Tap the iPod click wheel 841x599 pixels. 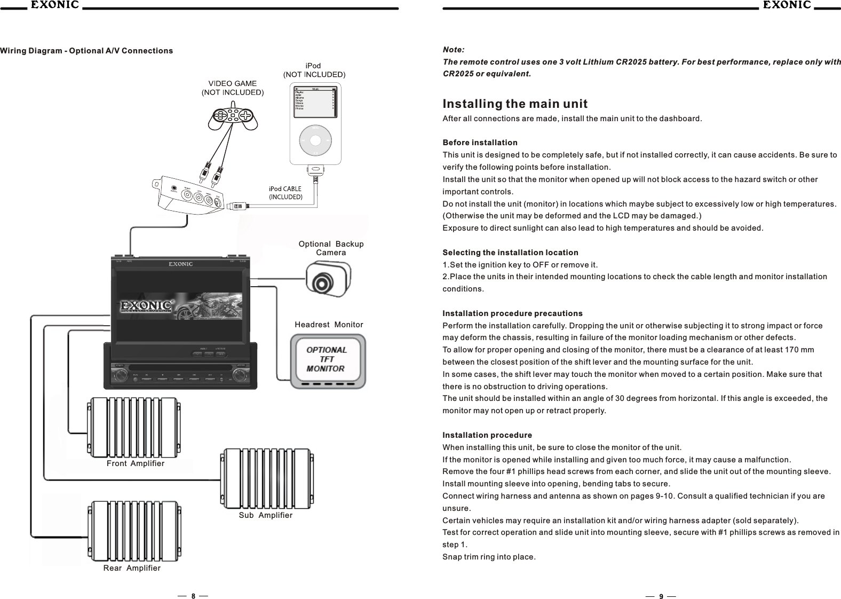tap(315, 140)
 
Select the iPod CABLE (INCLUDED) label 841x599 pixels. tap(285, 193)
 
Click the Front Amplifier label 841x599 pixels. tap(136, 463)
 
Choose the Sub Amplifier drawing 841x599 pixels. tap(266, 478)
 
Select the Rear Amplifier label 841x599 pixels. tap(132, 568)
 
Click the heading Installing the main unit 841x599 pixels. tap(515, 103)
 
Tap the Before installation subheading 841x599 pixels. tap(480, 143)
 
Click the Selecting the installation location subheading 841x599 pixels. tap(510, 252)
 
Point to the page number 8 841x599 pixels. tap(193, 596)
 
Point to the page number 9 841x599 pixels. tap(661, 596)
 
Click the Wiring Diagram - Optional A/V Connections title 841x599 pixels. tap(86, 51)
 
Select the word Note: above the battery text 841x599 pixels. tap(454, 50)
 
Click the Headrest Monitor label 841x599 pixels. tap(329, 325)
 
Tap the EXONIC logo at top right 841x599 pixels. tap(787, 5)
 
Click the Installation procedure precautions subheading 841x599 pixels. tap(512, 313)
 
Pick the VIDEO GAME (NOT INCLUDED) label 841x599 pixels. tap(232, 88)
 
